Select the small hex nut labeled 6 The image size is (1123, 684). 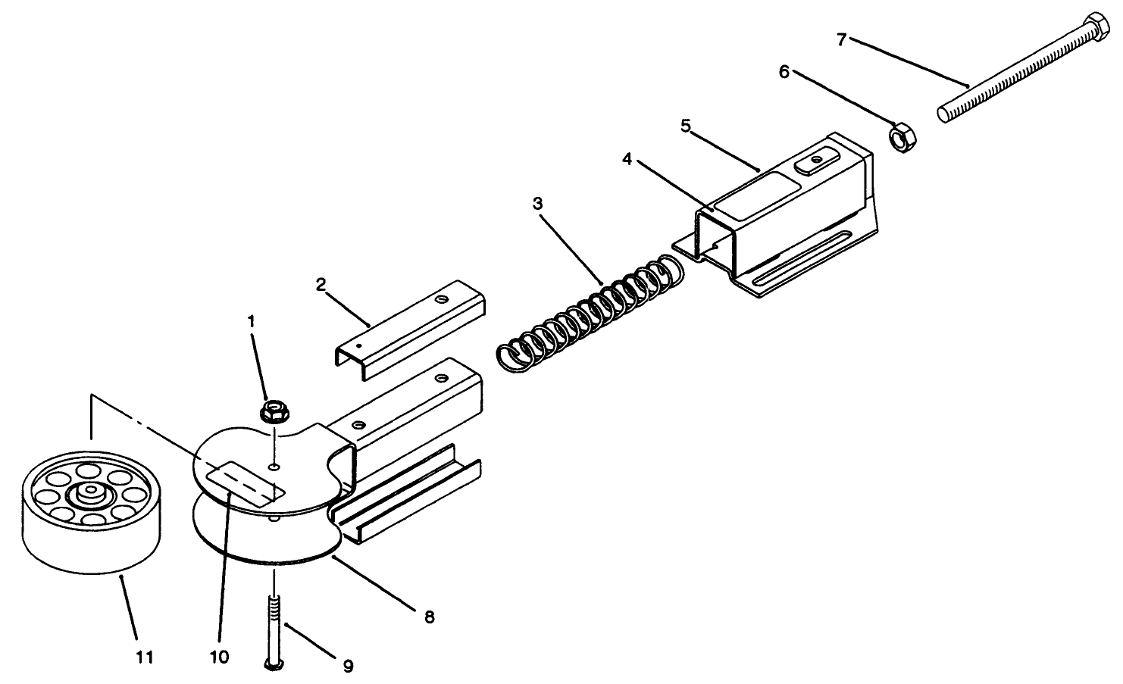click(x=900, y=139)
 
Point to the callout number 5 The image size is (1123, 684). click(x=685, y=126)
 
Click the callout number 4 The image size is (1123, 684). click(x=627, y=159)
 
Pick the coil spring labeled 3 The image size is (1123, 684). click(x=591, y=311)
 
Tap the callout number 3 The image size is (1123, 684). click(x=537, y=203)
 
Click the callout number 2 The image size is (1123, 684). click(x=321, y=284)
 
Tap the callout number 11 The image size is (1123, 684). click(x=145, y=657)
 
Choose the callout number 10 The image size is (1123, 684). click(x=219, y=657)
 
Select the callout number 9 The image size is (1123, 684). click(x=348, y=666)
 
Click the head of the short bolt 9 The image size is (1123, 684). click(x=274, y=664)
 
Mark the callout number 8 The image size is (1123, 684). click(x=429, y=617)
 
